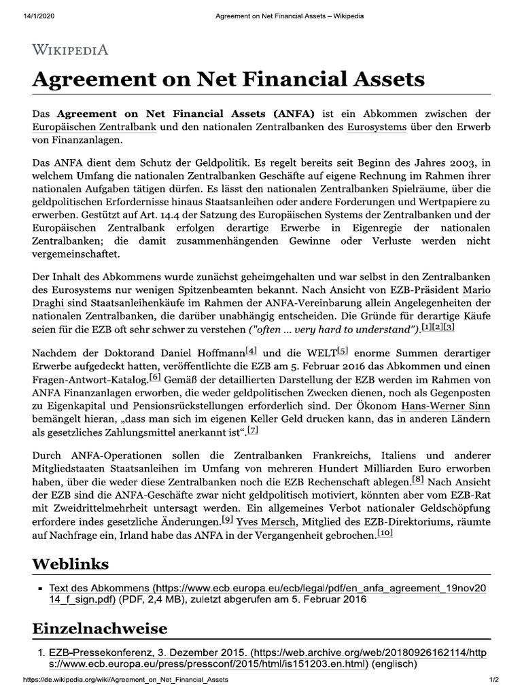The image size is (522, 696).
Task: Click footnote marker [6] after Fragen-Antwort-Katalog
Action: (x=155, y=377)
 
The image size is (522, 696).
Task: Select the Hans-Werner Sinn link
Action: (x=445, y=406)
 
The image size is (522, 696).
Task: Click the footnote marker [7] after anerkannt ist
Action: (x=253, y=432)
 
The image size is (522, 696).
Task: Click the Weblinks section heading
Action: (x=71, y=564)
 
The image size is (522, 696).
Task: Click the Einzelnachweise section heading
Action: (x=99, y=627)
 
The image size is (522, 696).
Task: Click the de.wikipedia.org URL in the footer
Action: (x=126, y=680)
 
